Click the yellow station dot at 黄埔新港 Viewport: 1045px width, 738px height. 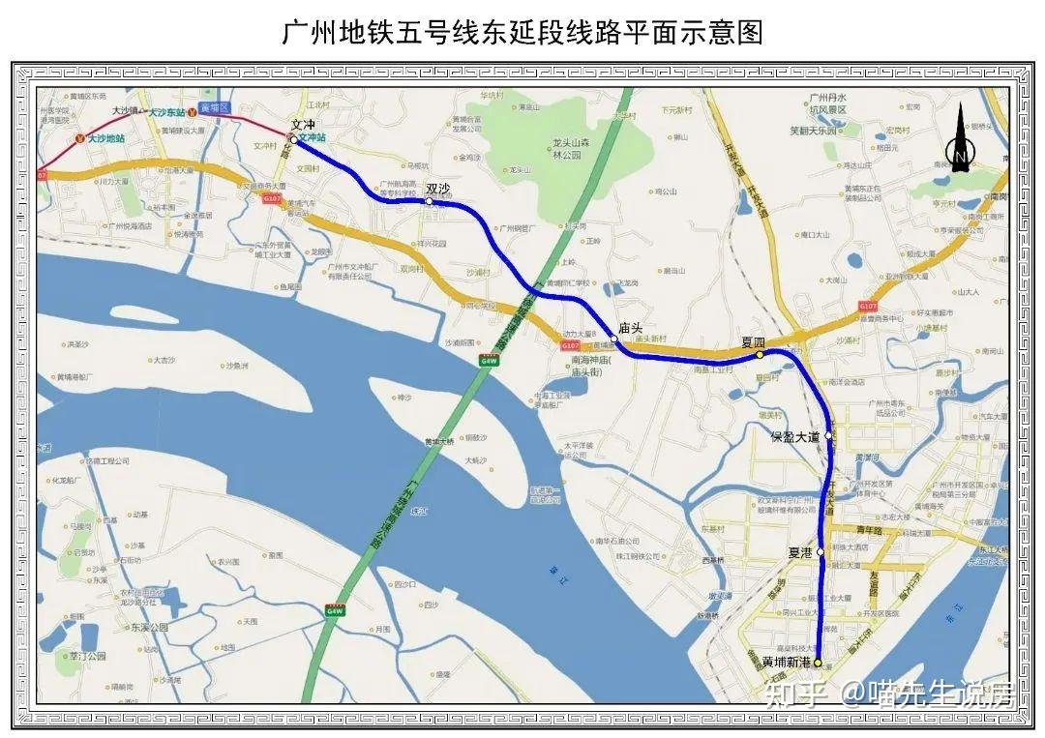(818, 664)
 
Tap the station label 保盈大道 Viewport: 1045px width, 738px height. (795, 437)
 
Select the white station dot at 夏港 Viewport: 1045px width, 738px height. (821, 552)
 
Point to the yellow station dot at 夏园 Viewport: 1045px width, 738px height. (760, 355)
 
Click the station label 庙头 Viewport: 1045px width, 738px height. (631, 328)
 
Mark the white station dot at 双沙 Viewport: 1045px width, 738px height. (430, 202)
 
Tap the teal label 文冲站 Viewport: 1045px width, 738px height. (313, 138)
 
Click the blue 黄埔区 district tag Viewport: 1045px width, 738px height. (212, 107)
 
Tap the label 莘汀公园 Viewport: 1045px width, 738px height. (87, 656)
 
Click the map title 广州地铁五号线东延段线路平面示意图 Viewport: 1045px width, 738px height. (522, 32)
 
